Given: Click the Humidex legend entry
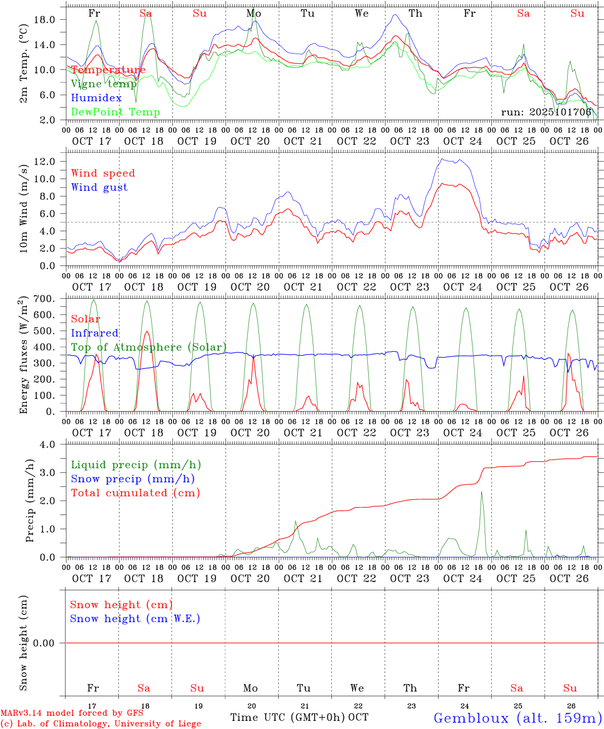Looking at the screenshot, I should click(97, 98).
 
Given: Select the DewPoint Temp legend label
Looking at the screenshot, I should click(115, 112).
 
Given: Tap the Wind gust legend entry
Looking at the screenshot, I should click(99, 187).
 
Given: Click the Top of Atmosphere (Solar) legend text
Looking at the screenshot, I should click(148, 347).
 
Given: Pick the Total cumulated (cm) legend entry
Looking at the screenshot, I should click(135, 493).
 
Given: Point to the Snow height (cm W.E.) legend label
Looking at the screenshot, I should click(135, 619).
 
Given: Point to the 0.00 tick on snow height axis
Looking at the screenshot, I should click(49, 643).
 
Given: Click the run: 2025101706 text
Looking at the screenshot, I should click(546, 112).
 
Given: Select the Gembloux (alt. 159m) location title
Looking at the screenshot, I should click(517, 717).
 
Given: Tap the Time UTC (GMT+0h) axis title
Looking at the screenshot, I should click(287, 717).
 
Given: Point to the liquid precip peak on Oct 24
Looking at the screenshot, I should click(481, 492).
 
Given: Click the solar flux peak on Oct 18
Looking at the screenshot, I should click(147, 332).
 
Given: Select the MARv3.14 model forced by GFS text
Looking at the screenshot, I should click(72, 713).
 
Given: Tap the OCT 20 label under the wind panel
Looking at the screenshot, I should click(250, 287).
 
